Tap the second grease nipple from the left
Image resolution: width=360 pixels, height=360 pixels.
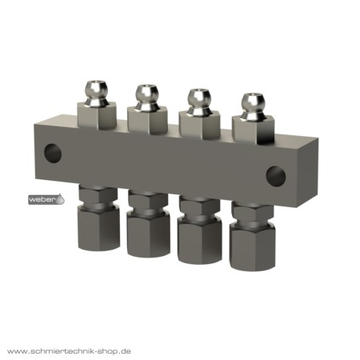(146, 98)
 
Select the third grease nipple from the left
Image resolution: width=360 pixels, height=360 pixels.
(199, 102)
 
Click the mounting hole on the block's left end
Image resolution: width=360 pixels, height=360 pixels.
(53, 154)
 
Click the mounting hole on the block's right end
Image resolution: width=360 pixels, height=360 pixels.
(276, 176)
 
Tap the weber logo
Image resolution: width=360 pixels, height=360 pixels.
(46, 199)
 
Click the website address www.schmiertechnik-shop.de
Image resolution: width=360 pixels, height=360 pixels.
(69, 351)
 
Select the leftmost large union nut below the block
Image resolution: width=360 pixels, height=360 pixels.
(98, 229)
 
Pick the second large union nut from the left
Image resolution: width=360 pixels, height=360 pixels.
(149, 234)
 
